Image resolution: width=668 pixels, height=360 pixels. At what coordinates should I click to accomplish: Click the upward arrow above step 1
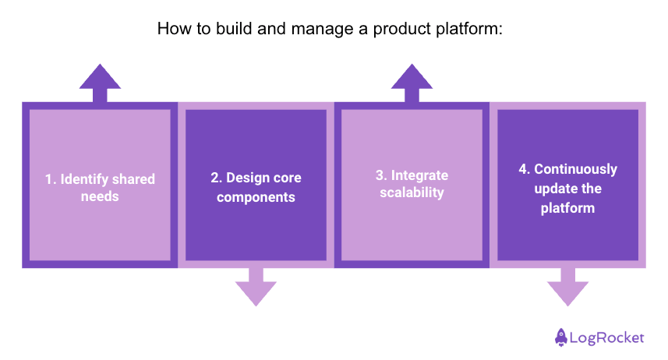(100, 82)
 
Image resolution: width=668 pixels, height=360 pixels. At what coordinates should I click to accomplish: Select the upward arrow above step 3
(412, 82)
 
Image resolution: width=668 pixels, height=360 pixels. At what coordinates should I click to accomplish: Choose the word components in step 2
(256, 197)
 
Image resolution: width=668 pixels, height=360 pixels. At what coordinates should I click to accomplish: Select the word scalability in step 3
(412, 192)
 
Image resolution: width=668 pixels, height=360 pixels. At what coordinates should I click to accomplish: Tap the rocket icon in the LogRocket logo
(560, 337)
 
